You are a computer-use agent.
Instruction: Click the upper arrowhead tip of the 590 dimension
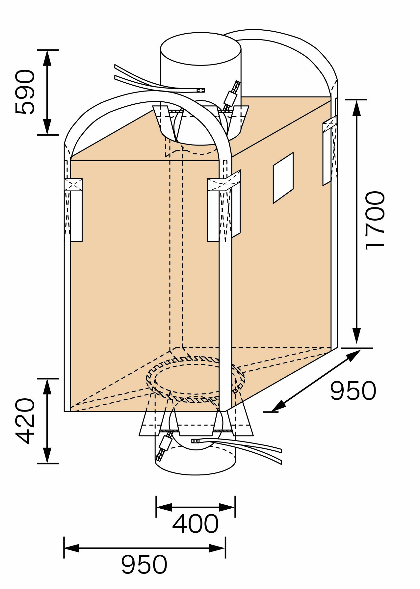[x=48, y=50]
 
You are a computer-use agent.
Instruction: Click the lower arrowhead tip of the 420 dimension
[x=48, y=463]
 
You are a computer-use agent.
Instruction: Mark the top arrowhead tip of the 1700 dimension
[x=356, y=100]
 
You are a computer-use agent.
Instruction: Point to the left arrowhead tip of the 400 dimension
[x=156, y=507]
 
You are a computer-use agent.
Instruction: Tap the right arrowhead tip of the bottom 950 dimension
[x=225, y=548]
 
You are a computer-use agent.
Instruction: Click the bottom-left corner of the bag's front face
[x=65, y=411]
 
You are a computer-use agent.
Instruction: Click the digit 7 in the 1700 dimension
[x=375, y=221]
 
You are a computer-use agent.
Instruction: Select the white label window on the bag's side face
[x=283, y=178]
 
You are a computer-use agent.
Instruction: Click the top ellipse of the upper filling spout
[x=201, y=49]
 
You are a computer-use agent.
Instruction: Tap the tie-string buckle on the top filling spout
[x=230, y=98]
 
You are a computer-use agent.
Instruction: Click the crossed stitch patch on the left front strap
[x=73, y=185]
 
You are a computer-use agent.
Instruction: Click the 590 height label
[x=25, y=92]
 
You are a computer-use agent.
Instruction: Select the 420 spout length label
[x=25, y=421]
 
